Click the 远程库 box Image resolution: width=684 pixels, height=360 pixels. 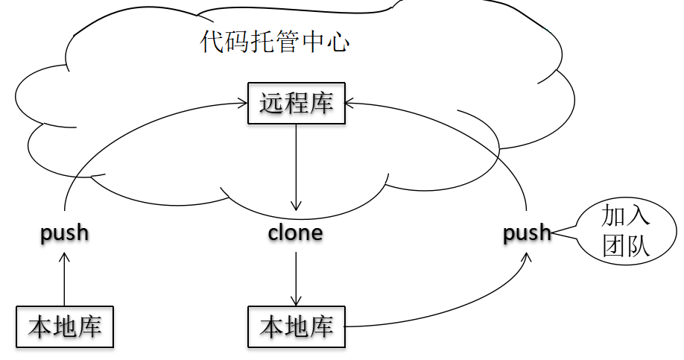[x=297, y=104]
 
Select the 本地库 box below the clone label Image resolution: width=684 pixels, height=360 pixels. [x=297, y=326]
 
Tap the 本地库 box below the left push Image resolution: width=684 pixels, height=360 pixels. [x=65, y=326]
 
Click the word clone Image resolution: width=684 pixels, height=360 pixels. [x=296, y=233]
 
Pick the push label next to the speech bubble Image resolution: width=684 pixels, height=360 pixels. [x=528, y=233]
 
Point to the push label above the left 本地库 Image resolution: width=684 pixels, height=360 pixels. [x=65, y=233]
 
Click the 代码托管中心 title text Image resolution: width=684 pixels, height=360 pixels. [x=275, y=42]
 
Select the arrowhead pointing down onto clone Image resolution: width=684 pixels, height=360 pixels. [x=297, y=206]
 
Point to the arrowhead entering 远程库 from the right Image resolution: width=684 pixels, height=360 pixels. [x=351, y=104]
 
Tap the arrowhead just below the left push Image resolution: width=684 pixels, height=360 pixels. [x=65, y=256]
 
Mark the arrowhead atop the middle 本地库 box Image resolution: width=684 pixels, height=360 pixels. [x=297, y=301]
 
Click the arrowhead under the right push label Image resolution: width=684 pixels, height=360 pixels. [x=528, y=256]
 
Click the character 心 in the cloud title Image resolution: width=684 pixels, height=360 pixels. [x=338, y=42]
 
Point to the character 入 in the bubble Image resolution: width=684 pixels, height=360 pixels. [x=638, y=217]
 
